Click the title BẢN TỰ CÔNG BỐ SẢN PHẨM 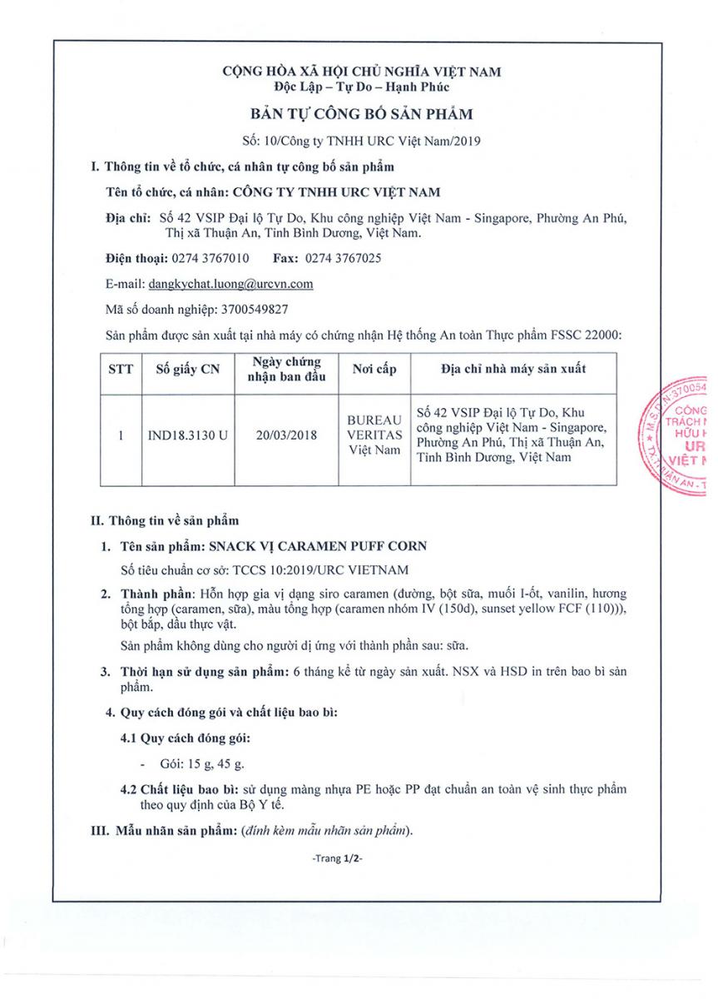[x=361, y=114]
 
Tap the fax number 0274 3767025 [x=344, y=258]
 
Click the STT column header [x=121, y=370]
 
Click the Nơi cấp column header [x=374, y=370]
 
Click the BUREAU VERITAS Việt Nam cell [x=374, y=435]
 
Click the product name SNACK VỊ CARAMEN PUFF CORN [x=318, y=546]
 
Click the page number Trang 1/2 [x=338, y=857]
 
